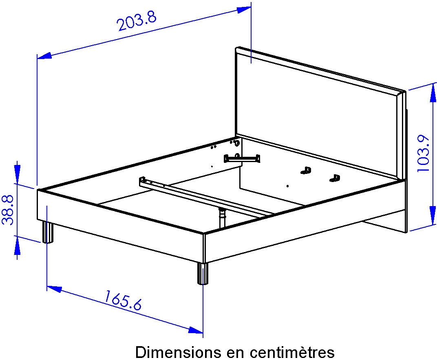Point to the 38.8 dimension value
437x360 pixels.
pyautogui.click(x=9, y=210)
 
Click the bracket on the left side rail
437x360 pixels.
pyautogui.click(x=242, y=158)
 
